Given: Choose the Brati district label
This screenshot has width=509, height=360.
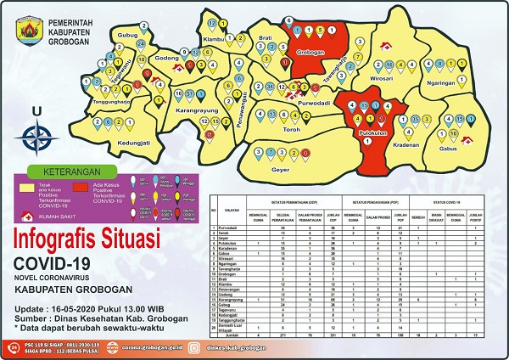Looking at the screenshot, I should coord(265,37).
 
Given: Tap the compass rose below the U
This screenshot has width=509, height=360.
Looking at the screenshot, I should coord(36,134).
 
